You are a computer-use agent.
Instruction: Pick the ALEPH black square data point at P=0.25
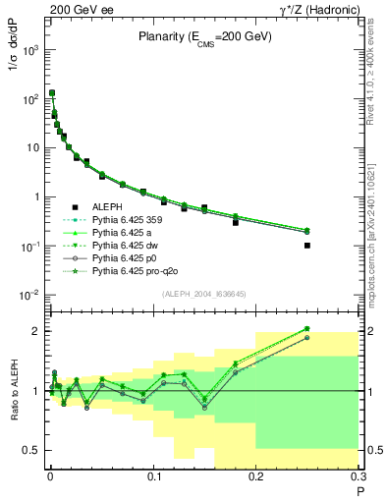pyautogui.click(x=307, y=246)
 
